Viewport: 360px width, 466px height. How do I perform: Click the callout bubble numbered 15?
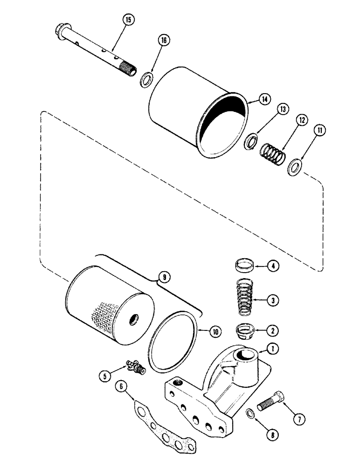tap(127, 20)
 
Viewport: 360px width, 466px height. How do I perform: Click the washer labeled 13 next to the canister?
tap(252, 141)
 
